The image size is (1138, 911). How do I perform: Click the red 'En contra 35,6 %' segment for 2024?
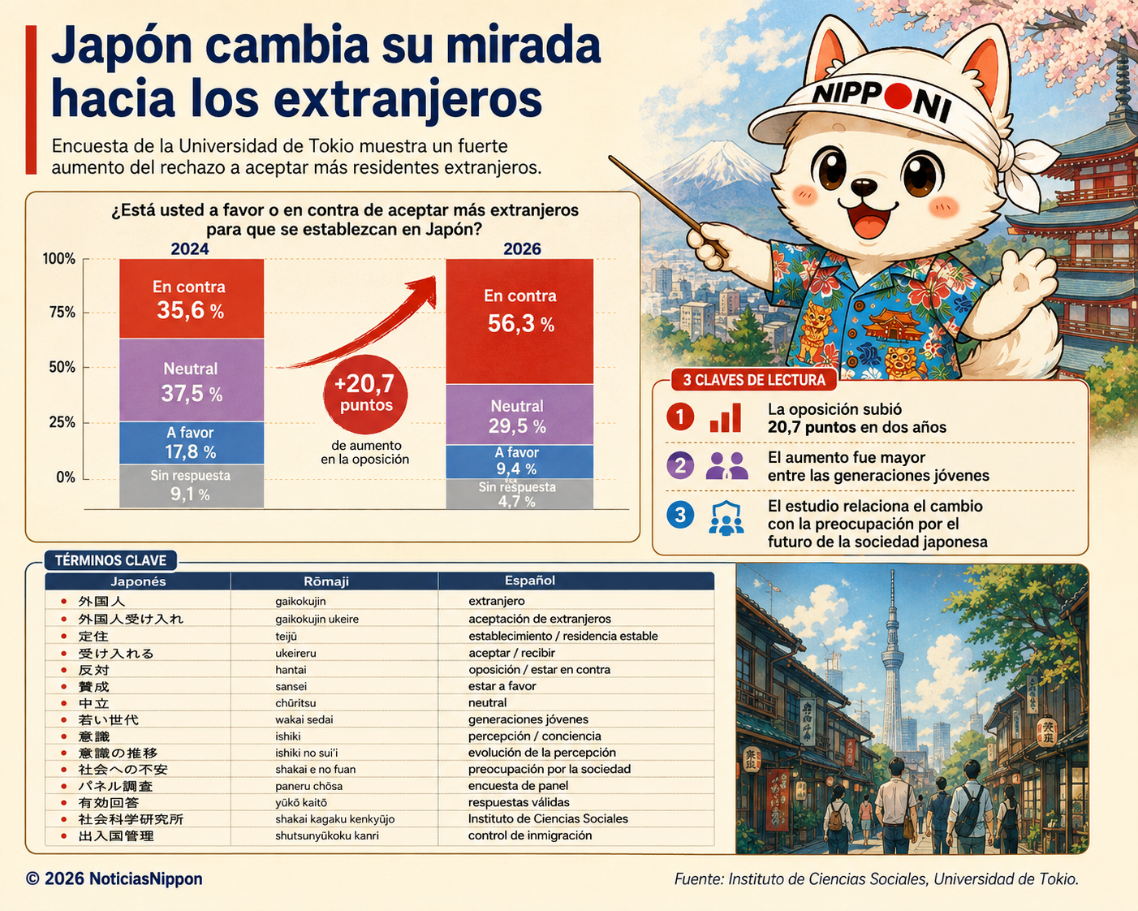click(x=192, y=298)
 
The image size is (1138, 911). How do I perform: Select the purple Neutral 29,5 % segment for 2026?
click(x=519, y=414)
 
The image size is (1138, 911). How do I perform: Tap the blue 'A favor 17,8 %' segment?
click(x=192, y=443)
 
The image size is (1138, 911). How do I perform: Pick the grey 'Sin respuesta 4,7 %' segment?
click(x=519, y=494)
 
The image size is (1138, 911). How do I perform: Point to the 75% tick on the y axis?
click(x=62, y=312)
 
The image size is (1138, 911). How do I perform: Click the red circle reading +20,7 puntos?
click(x=365, y=394)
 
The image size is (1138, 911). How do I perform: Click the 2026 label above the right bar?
click(x=522, y=248)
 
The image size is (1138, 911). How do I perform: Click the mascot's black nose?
click(x=863, y=186)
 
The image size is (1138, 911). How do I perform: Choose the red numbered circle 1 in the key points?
click(x=680, y=417)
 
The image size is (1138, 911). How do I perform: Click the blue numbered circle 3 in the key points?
click(x=680, y=515)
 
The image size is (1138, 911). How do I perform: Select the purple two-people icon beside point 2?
click(x=726, y=466)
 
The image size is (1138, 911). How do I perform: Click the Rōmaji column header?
click(x=326, y=581)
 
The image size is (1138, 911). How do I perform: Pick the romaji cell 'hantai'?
click(x=291, y=670)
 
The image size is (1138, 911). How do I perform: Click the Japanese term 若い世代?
click(x=109, y=720)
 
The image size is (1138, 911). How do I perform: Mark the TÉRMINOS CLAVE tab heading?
click(x=110, y=561)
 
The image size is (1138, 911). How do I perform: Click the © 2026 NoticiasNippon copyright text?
click(x=114, y=879)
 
